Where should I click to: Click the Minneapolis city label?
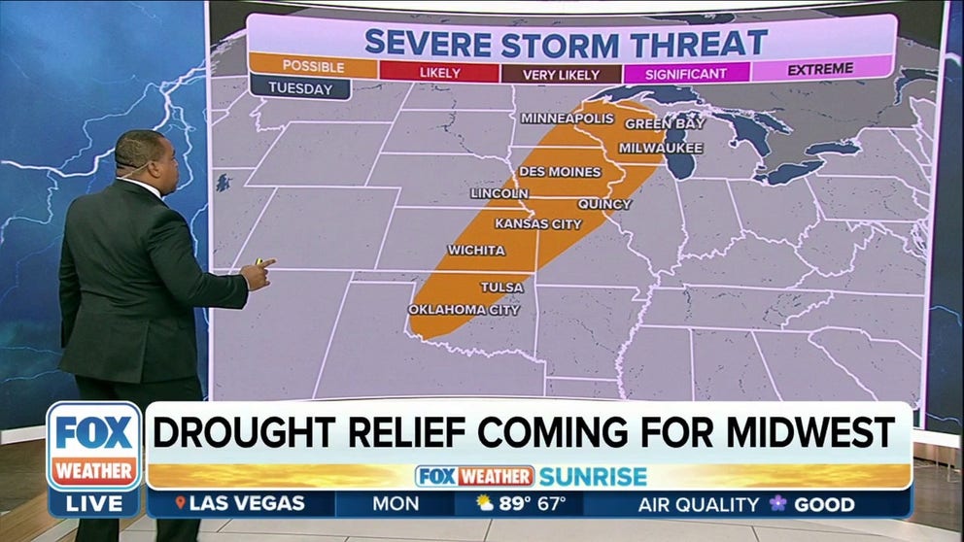pyautogui.click(x=568, y=119)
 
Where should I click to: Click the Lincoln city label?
pyautogui.click(x=499, y=193)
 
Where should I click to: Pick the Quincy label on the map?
pyautogui.click(x=604, y=204)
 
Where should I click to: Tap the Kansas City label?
pyautogui.click(x=538, y=223)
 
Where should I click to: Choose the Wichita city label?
pyautogui.click(x=476, y=251)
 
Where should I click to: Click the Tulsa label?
pyautogui.click(x=501, y=288)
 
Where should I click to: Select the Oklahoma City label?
pyautogui.click(x=464, y=310)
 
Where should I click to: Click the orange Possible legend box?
pyautogui.click(x=312, y=67)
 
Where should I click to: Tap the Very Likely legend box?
pyautogui.click(x=561, y=73)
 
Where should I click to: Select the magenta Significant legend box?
pyautogui.click(x=687, y=73)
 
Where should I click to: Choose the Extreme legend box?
pyautogui.click(x=820, y=69)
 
